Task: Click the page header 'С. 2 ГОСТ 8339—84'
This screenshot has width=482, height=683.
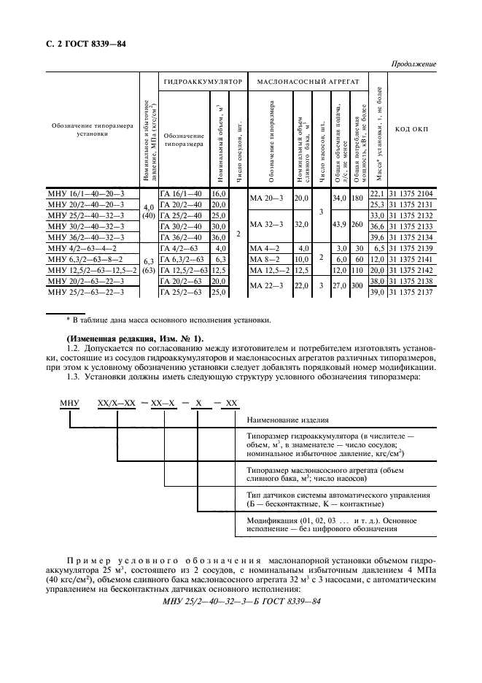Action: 82,44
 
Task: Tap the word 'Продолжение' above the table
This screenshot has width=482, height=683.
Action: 413,65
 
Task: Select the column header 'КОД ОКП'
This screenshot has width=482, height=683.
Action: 412,129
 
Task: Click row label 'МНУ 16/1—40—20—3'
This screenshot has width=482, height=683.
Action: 87,193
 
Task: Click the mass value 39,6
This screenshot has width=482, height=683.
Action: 376,237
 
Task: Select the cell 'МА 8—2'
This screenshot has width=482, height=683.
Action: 266,260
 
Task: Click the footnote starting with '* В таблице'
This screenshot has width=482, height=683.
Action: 169,320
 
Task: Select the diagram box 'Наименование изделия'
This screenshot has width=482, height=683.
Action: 287,421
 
